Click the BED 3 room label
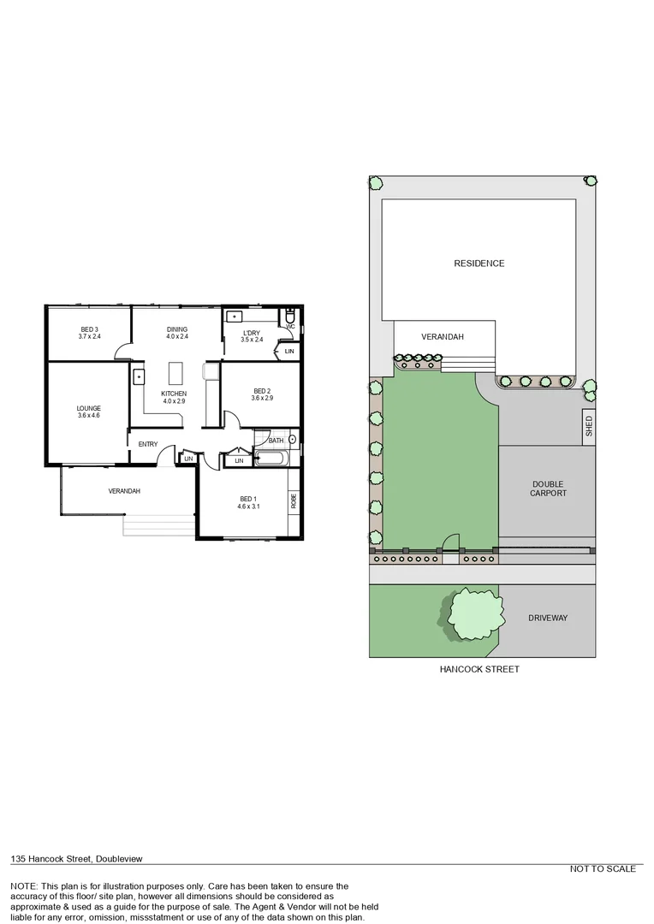[x=89, y=329]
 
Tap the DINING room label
[x=176, y=329]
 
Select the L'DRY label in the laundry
[x=251, y=333]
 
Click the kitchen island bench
[x=176, y=374]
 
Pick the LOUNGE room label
[x=88, y=408]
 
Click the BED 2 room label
[x=261, y=390]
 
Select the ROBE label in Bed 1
[x=293, y=500]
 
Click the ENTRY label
[x=148, y=443]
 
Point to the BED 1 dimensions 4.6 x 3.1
[x=247, y=506]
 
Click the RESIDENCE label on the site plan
[x=479, y=264]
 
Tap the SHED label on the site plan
[x=588, y=425]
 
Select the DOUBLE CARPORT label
[x=548, y=489]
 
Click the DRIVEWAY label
[x=548, y=618]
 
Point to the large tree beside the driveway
[x=470, y=613]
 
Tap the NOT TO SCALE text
[x=603, y=869]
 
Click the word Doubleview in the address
[x=118, y=858]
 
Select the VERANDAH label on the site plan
[x=443, y=337]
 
